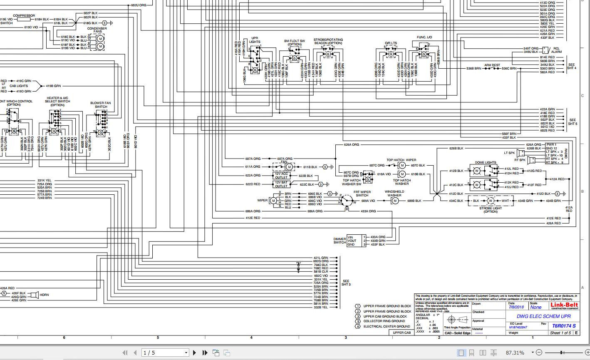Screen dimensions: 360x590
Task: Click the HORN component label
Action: (44, 295)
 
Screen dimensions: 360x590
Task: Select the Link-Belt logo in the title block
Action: (564, 306)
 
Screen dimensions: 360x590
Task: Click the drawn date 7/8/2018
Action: (516, 307)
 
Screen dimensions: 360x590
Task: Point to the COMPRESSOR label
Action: (24, 15)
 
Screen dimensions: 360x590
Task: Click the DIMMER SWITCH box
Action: (357, 241)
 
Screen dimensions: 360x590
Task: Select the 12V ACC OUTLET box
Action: (281, 176)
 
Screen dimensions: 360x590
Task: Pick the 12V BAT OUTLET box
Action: (281, 184)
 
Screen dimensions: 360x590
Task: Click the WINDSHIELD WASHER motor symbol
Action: (395, 201)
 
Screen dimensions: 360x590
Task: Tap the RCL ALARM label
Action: (557, 50)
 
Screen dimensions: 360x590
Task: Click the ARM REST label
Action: (492, 65)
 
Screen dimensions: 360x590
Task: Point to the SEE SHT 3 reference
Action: (346, 283)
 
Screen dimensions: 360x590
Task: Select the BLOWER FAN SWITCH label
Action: (101, 105)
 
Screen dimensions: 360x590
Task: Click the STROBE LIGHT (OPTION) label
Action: (491, 210)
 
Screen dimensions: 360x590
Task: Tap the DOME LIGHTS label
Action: (485, 163)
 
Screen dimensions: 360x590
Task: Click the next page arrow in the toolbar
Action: (194, 353)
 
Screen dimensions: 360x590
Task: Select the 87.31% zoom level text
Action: (515, 353)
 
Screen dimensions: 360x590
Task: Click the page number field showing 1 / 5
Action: (164, 353)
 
